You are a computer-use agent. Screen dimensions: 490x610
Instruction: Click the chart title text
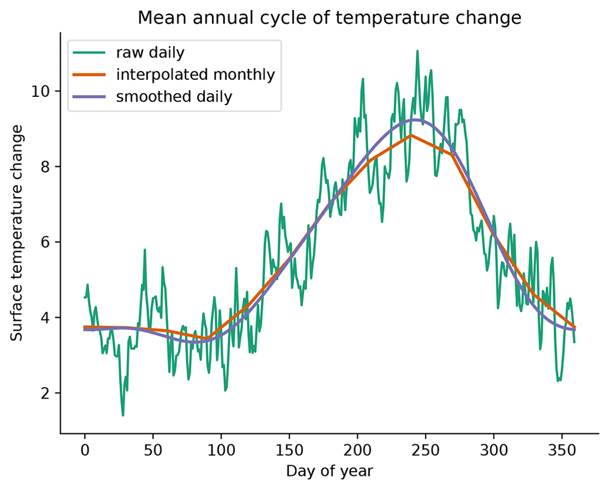[330, 18]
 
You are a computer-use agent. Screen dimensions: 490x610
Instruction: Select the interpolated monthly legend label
[195, 75]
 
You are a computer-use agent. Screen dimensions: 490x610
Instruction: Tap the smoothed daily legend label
[174, 97]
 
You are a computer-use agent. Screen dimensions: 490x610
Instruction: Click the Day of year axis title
[330, 471]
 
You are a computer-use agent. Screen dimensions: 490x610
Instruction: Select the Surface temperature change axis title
[18, 233]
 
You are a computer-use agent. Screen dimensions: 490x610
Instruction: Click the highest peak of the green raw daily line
[417, 51]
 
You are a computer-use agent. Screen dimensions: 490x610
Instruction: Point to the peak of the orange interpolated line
[412, 135]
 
